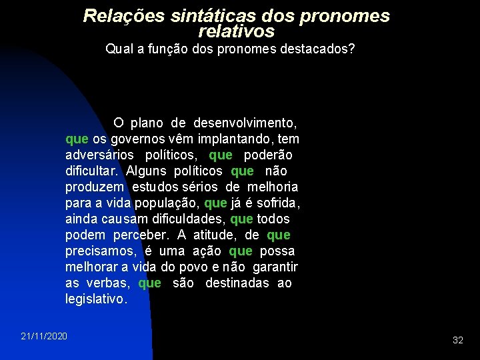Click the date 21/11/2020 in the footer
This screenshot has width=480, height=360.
coord(44,335)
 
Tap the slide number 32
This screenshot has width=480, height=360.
coord(458,340)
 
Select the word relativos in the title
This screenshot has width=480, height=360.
coord(236,31)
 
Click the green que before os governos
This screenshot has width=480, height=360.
coord(77,139)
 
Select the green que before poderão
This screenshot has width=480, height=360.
coord(221,155)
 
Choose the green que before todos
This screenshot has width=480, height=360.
coord(241,219)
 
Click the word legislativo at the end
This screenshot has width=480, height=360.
coord(95,299)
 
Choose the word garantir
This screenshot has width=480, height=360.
coord(275,267)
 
